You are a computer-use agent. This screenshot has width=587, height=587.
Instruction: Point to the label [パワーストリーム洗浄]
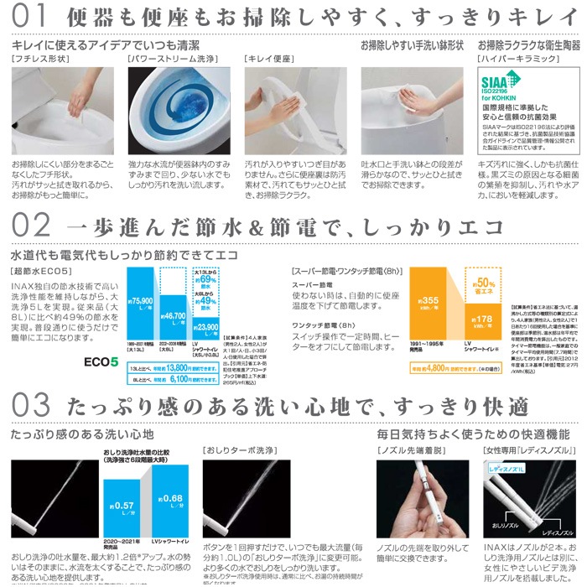point(169,59)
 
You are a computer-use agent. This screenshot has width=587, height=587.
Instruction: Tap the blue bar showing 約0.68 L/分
point(172,500)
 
